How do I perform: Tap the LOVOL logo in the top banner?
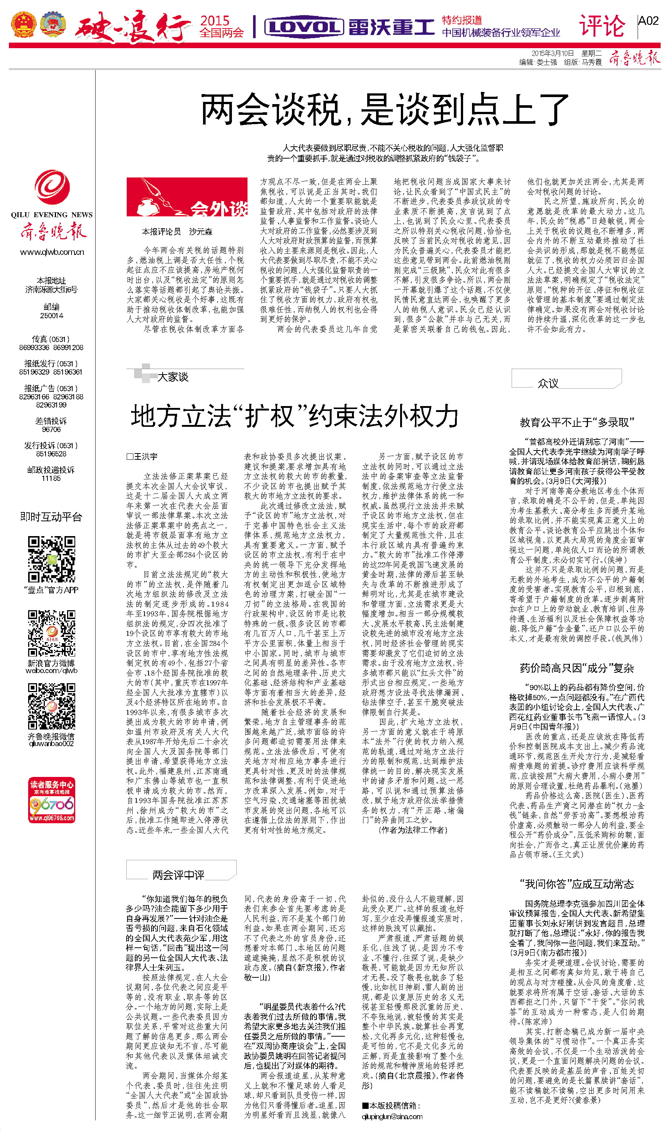(x=304, y=27)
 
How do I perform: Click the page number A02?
(x=648, y=21)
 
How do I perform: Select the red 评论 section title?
(x=602, y=26)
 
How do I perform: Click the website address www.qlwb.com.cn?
(x=52, y=252)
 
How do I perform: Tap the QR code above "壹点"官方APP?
(x=51, y=559)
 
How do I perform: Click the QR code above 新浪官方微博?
(x=51, y=633)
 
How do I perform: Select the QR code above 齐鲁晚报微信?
(x=51, y=706)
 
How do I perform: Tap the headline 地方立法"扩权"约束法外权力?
(x=295, y=415)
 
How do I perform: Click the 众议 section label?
(x=548, y=383)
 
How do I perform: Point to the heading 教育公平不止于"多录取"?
(x=576, y=422)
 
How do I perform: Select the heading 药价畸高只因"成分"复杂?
(x=576, y=668)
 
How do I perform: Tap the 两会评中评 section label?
(x=178, y=875)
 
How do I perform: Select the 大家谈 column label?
(x=172, y=377)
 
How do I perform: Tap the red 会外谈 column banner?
(x=187, y=197)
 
